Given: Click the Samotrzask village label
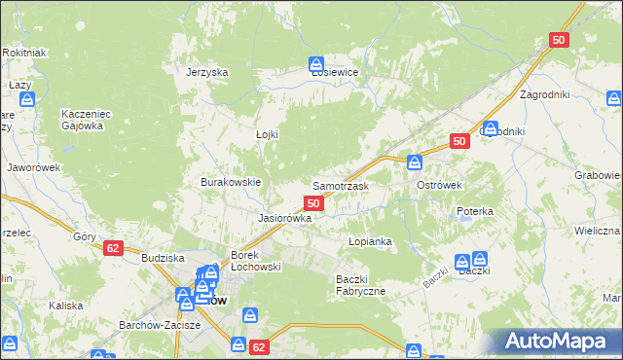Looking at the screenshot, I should tap(340, 185).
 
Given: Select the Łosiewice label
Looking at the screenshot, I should tap(335, 72).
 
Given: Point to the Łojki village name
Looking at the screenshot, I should tap(267, 134).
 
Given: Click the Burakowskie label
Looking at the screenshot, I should tap(231, 182).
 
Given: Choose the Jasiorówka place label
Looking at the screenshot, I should tap(284, 218).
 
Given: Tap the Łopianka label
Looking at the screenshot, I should tap(370, 240).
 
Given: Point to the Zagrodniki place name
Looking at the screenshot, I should tap(545, 94).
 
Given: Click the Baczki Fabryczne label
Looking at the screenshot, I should tap(361, 284).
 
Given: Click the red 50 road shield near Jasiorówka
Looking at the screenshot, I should tap(313, 202).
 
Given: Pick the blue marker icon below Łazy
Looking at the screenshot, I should tap(27, 98).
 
